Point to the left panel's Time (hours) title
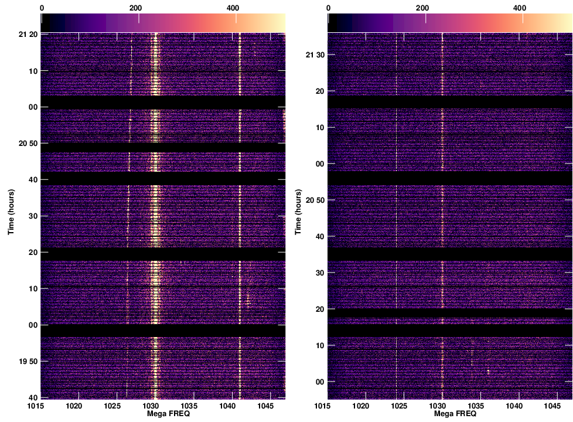(x=11, y=212)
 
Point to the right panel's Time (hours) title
(x=298, y=212)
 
